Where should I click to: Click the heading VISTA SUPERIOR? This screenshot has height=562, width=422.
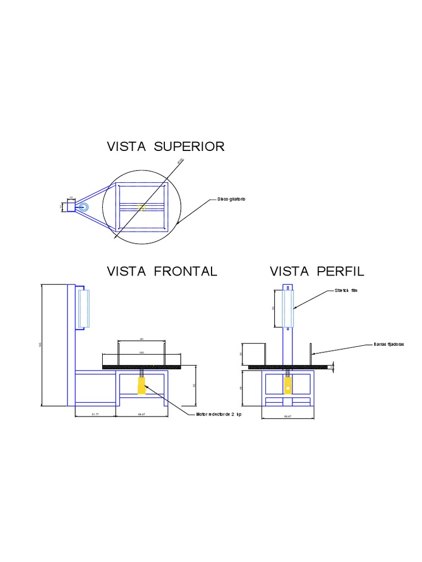tap(165, 147)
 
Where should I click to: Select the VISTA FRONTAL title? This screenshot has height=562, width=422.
tap(162, 271)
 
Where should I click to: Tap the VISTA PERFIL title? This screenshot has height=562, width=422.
tap(317, 271)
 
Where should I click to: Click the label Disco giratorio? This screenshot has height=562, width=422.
tap(230, 199)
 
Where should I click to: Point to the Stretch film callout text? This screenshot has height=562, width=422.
tap(346, 291)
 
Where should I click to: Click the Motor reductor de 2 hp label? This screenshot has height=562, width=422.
tap(219, 414)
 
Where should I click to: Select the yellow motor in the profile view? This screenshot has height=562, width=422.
tap(287, 387)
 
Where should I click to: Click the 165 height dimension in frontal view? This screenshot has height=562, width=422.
tap(40, 345)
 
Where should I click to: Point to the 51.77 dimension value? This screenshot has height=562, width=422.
tap(95, 414)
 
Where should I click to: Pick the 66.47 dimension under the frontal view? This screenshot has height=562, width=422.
tap(142, 414)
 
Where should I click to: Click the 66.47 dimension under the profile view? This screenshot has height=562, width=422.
tap(287, 417)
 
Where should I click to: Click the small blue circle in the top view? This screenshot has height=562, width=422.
tap(84, 207)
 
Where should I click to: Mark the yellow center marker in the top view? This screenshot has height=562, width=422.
tap(142, 207)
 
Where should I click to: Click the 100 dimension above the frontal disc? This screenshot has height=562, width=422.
tap(141, 353)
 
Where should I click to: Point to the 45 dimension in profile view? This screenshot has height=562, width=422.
tap(241, 388)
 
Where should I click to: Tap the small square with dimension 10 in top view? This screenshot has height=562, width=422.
tap(71, 207)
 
